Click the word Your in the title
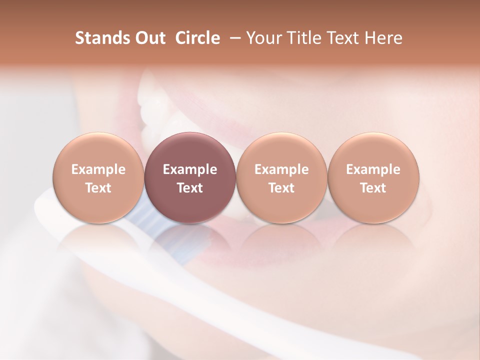(x=263, y=38)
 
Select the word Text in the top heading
(x=342, y=38)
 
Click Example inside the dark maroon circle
(x=190, y=169)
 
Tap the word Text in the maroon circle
(x=190, y=188)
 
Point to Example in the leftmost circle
(x=98, y=169)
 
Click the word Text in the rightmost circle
(x=373, y=188)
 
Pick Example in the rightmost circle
(x=373, y=169)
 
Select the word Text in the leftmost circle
(x=98, y=188)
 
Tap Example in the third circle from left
(x=281, y=169)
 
